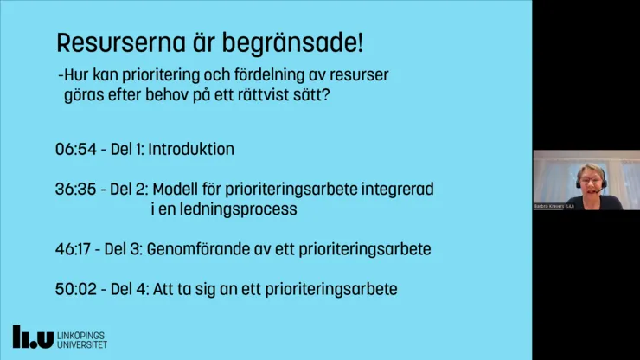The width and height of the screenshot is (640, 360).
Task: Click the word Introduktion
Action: tap(191, 149)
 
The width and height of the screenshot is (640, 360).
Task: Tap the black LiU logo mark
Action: tap(33, 337)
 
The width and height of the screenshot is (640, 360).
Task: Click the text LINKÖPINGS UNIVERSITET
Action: tap(83, 337)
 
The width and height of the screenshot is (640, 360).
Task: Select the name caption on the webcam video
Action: tap(554, 206)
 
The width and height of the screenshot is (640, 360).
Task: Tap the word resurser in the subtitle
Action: tap(362, 75)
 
